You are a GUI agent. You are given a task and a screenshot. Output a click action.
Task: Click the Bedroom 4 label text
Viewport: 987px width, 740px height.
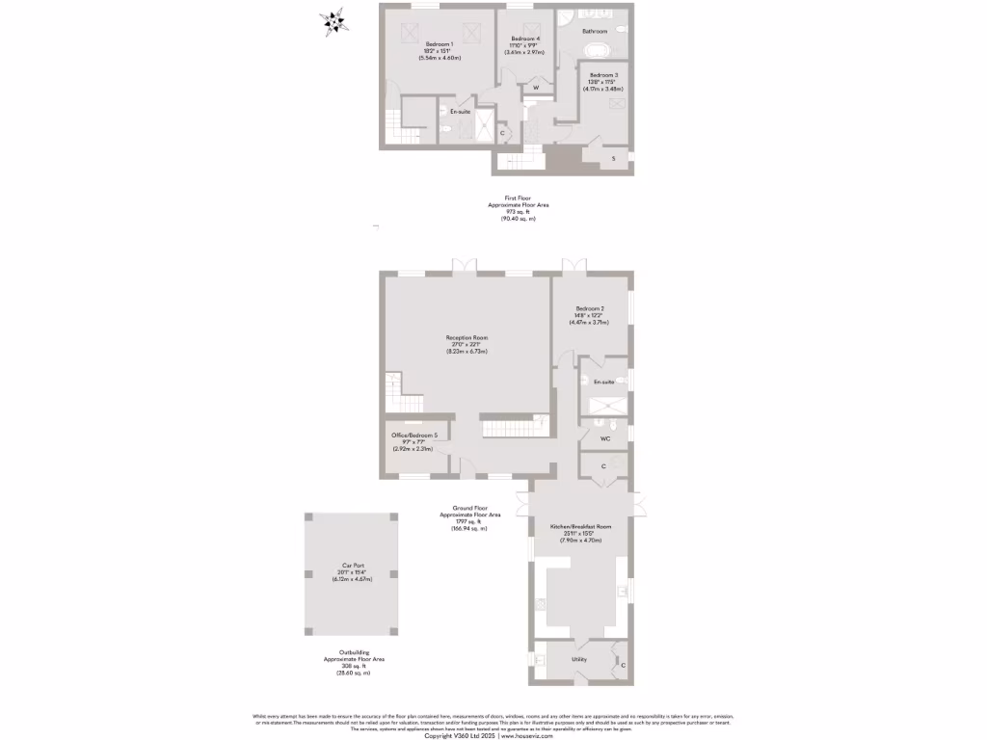(524, 39)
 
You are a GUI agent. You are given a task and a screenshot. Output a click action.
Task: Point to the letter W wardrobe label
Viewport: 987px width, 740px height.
(536, 89)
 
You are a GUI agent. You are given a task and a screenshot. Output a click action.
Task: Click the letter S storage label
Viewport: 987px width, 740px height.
(613, 159)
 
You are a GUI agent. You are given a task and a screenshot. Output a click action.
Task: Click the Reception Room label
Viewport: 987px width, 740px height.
(467, 337)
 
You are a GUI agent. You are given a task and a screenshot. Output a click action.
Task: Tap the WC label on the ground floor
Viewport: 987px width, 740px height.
(605, 438)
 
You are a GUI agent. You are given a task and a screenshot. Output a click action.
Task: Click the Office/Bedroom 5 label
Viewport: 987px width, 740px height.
(415, 436)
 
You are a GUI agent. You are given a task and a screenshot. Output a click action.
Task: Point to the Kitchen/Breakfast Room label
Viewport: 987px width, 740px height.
(580, 527)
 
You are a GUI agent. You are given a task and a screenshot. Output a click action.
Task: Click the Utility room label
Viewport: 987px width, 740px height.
(578, 659)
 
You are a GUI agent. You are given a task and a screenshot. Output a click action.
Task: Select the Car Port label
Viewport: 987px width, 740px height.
(352, 566)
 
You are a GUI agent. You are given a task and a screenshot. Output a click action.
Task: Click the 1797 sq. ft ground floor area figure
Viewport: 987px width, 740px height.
(470, 522)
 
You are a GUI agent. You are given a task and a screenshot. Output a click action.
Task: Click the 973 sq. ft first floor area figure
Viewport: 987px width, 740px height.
(518, 213)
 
